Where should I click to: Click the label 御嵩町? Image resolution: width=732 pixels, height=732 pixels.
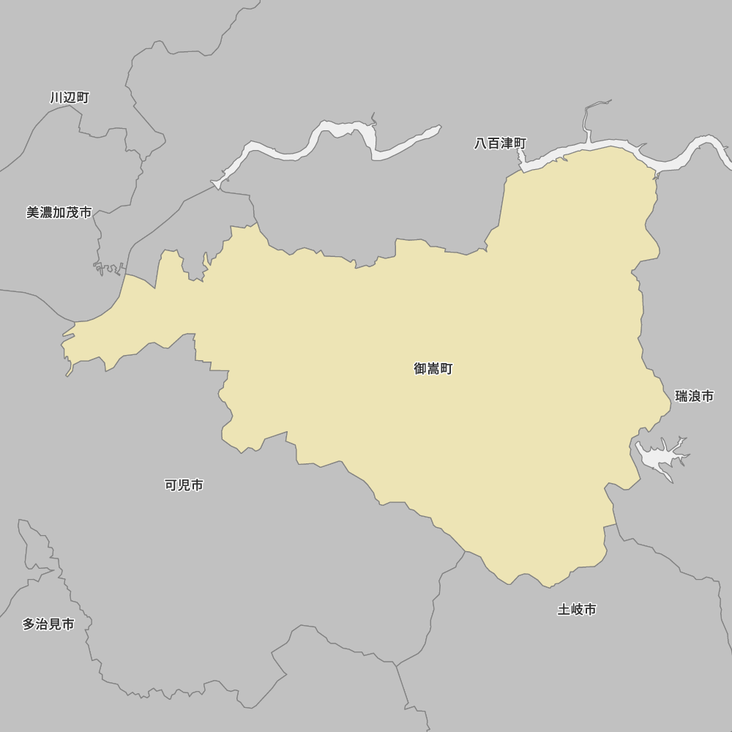pos(433,369)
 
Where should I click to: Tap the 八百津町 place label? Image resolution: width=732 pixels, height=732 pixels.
pos(500,143)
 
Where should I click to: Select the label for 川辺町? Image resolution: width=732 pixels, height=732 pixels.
pos(70,97)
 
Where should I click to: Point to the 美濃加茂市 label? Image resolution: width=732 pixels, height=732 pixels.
pos(59,212)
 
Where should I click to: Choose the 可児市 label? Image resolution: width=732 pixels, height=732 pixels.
pos(184,485)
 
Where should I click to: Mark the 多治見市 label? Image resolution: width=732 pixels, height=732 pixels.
pos(48,624)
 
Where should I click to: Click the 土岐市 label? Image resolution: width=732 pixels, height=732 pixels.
pos(577,609)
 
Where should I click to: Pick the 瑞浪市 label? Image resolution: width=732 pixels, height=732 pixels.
pos(694,396)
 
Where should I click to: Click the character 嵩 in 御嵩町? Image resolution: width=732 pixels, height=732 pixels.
pos(433,369)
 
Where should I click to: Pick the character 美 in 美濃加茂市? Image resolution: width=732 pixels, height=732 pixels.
pos(33,212)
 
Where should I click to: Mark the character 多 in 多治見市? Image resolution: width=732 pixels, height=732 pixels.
pos(29,624)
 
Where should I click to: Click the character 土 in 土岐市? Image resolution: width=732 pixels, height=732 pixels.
pos(564,609)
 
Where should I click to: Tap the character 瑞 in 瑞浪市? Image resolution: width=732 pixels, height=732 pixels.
pos(681,396)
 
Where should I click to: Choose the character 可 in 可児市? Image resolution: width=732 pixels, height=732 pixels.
pos(171,485)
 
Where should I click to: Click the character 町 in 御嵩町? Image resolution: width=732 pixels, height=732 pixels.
pos(447,369)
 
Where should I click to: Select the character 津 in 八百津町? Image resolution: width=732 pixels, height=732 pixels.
pos(507,143)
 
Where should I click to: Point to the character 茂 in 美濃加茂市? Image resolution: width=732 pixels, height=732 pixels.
pos(72,212)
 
